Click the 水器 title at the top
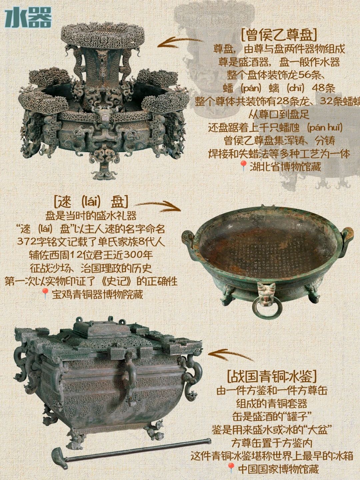pyautogui.click(x=28, y=17)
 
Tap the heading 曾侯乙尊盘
pyautogui.click(x=279, y=35)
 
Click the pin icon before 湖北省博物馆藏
pyautogui.click(x=243, y=167)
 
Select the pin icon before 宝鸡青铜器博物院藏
pyautogui.click(x=45, y=294)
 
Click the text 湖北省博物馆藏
pyautogui.click(x=285, y=167)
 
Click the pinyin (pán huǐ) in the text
pyautogui.click(x=325, y=128)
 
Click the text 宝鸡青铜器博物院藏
pyautogui.click(x=97, y=294)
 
